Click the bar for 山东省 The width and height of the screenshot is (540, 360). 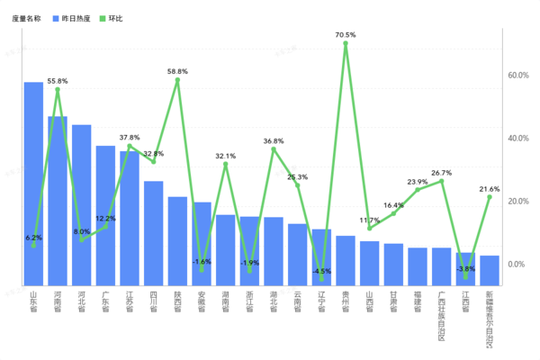pyautogui.click(x=33, y=184)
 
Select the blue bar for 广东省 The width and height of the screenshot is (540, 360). pyautogui.click(x=105, y=216)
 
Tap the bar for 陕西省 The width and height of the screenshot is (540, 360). pyautogui.click(x=177, y=241)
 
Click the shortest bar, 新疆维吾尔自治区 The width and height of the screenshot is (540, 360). pyautogui.click(x=490, y=271)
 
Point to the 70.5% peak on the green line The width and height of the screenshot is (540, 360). pyautogui.click(x=346, y=43)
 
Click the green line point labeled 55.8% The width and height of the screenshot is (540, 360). pyautogui.click(x=58, y=89)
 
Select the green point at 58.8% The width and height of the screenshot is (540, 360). pyautogui.click(x=177, y=80)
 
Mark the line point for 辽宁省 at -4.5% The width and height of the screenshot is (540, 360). pyautogui.click(x=321, y=279)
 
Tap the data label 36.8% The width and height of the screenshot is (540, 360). pyautogui.click(x=274, y=141)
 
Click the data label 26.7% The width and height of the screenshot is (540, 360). pyautogui.click(x=441, y=172)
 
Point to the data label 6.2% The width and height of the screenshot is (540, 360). pyautogui.click(x=32, y=237)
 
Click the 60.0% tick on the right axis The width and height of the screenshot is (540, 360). pyautogui.click(x=518, y=76)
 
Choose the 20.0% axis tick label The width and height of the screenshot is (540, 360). pyautogui.click(x=518, y=202)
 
